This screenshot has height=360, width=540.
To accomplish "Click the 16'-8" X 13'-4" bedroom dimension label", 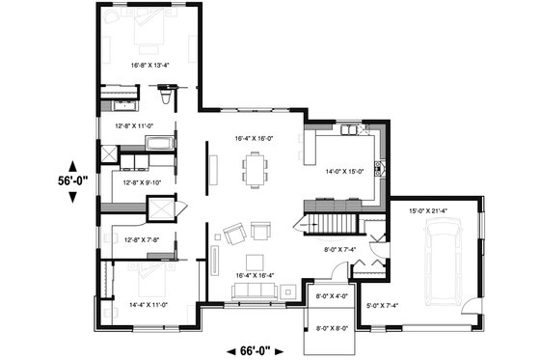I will pos(149,66).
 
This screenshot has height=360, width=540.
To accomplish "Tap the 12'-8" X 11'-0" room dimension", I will pos(134,125).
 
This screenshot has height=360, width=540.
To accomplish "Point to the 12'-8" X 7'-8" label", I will pos(135,238).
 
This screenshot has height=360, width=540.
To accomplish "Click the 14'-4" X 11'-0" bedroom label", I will pos(148,304).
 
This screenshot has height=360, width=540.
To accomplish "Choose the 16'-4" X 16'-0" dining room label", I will pos(255,139).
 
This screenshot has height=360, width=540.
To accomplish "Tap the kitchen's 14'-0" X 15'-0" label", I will pos(344,171).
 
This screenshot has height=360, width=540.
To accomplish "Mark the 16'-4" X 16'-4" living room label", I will pos(255,275).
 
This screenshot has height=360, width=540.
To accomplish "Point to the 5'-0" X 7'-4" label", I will pos(381,306).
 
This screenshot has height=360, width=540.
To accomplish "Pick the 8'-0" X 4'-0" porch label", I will pos(330,296).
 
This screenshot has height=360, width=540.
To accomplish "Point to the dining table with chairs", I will pos(256,172).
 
